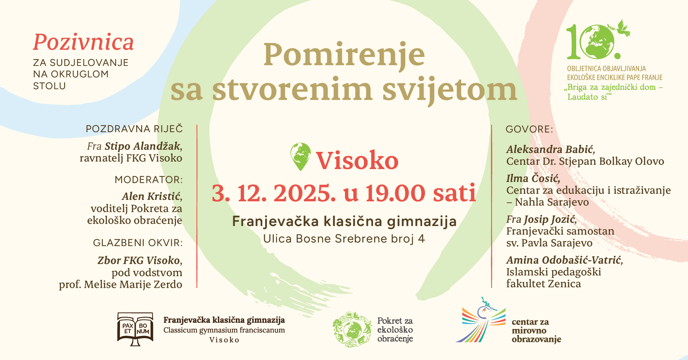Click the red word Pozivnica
tap(83, 43)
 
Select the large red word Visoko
tap(357, 160)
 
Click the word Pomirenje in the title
tap(344, 56)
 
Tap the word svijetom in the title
tap(450, 90)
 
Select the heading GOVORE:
tap(529, 129)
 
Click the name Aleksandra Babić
tap(550, 149)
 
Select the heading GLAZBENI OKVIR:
tap(138, 243)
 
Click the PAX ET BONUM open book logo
tap(135, 329)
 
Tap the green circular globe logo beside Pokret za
tap(352, 329)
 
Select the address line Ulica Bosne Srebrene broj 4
tap(344, 239)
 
